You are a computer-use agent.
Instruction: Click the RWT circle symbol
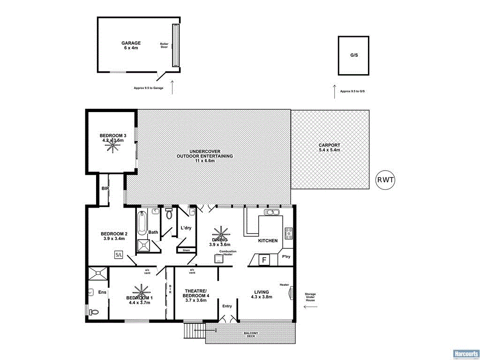tap(386, 180)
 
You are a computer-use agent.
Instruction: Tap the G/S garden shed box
tap(354, 55)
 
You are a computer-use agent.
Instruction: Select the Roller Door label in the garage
tap(164, 45)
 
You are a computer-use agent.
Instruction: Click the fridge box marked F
tap(264, 260)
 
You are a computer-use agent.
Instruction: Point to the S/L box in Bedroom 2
tap(118, 255)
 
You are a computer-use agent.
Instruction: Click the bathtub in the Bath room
tap(142, 223)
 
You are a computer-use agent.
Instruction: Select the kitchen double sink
tap(272, 212)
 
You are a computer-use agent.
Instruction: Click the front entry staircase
tap(194, 331)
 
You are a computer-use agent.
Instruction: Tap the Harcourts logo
tap(465, 353)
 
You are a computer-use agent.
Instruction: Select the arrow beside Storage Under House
tap(311, 307)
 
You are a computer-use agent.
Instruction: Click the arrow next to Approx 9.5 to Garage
tap(172, 87)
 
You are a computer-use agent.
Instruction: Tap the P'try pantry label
tap(285, 256)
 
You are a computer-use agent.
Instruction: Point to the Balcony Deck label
tap(251, 335)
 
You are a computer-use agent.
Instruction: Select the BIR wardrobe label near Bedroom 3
tap(105, 188)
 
